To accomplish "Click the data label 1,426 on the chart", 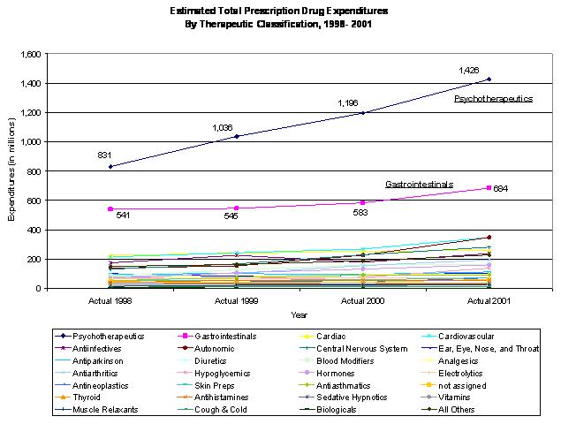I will pyautogui.click(x=468, y=70).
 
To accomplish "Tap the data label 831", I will pyautogui.click(x=104, y=155).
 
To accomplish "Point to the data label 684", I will pyautogui.click(x=501, y=189).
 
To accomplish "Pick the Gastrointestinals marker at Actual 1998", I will pyautogui.click(x=110, y=209).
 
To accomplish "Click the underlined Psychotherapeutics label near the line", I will pyautogui.click(x=493, y=99).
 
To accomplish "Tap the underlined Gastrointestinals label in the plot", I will pyautogui.click(x=419, y=185).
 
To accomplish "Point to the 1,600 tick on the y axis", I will pyautogui.click(x=31, y=55).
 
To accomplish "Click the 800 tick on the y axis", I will pyautogui.click(x=35, y=171).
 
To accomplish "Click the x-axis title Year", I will pyautogui.click(x=299, y=314).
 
